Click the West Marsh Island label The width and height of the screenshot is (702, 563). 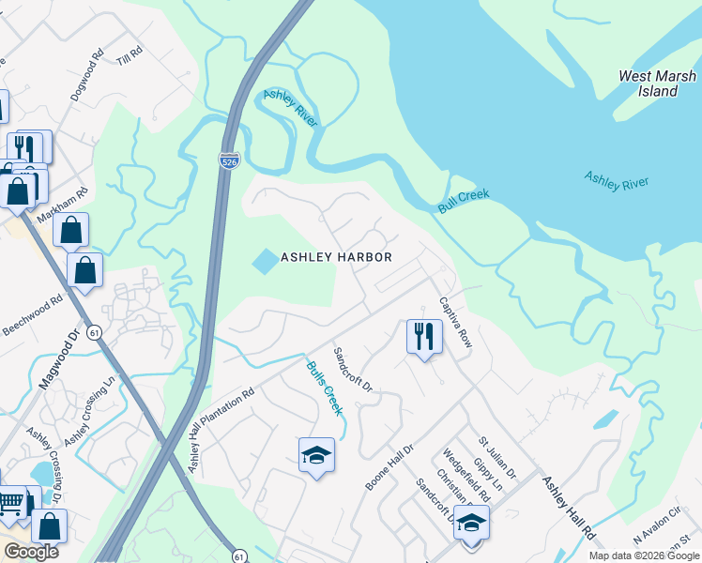[649, 84]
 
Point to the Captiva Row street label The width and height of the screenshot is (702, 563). [456, 325]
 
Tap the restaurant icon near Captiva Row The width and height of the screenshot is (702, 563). [423, 336]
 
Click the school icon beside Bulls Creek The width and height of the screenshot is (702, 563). [316, 456]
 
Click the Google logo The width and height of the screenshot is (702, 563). [32, 552]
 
